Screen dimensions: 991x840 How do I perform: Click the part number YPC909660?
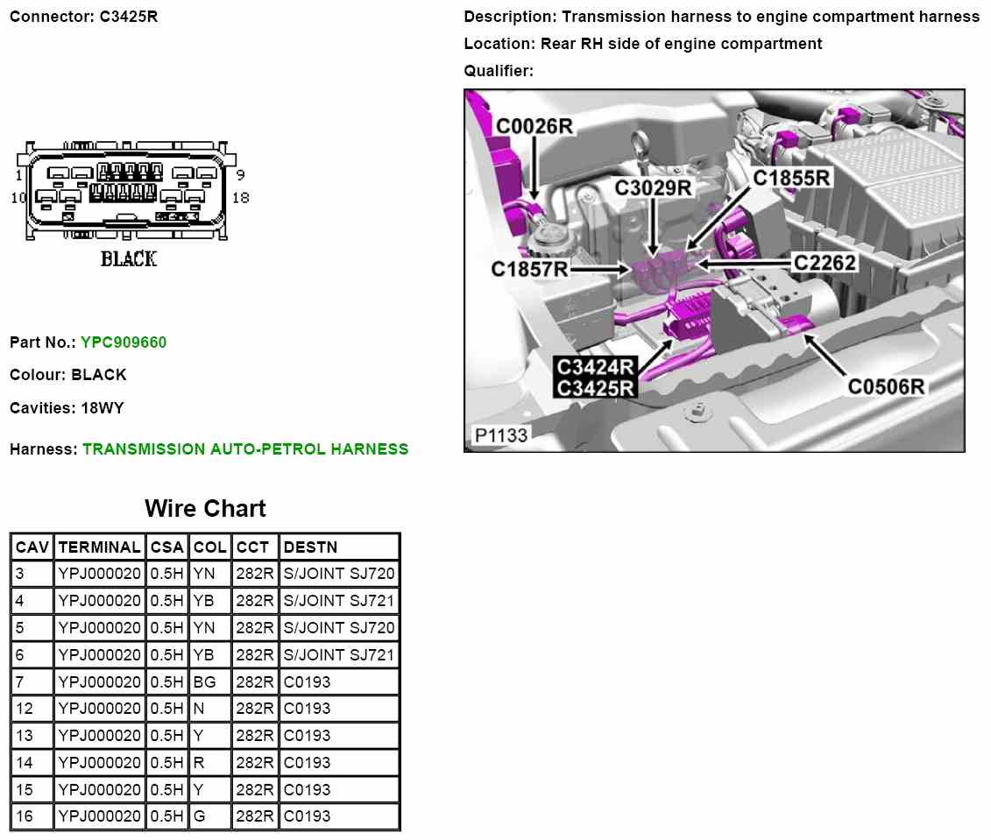[x=124, y=342]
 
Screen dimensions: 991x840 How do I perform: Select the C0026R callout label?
[x=534, y=127]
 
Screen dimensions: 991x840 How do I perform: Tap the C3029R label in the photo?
[x=654, y=187]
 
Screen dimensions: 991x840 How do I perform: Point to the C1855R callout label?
[x=792, y=178]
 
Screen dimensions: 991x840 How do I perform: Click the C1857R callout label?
[x=530, y=269]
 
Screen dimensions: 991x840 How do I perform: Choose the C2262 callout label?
[x=825, y=261]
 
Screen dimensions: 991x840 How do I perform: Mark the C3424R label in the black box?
[x=596, y=366]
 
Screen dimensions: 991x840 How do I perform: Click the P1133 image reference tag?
[x=501, y=434]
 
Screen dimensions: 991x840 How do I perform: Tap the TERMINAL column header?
[x=99, y=547]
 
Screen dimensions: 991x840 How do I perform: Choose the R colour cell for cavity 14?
[x=198, y=762]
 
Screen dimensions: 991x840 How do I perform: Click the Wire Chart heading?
[x=205, y=508]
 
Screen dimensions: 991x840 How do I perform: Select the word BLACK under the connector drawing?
[x=129, y=258]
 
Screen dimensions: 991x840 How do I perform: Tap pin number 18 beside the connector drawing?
[x=241, y=197]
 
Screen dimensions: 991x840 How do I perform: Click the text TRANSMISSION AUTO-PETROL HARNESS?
[x=245, y=449]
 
